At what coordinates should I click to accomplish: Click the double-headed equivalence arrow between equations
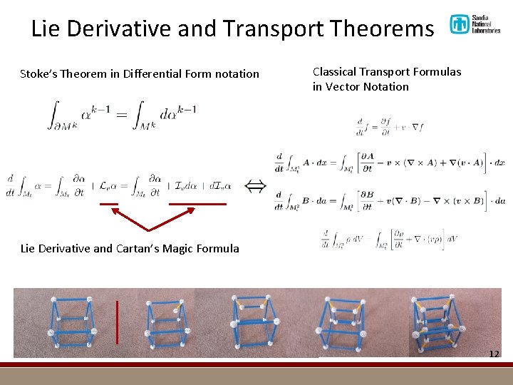click(256, 186)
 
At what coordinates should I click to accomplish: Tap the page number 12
click(494, 354)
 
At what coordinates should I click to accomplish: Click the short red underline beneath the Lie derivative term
click(109, 204)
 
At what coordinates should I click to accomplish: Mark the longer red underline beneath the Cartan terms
click(197, 204)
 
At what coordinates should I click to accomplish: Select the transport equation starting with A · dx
click(389, 163)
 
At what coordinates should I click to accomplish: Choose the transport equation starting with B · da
click(389, 201)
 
